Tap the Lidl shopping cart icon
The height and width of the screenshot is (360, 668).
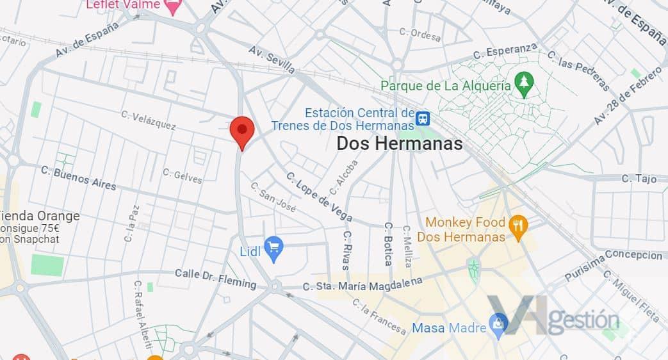(x=273, y=249)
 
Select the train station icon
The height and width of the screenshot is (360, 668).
(x=423, y=119)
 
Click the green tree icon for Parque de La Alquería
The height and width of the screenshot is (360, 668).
(x=525, y=84)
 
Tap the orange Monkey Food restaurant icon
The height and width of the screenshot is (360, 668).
(x=518, y=225)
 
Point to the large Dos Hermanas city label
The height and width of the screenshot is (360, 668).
(x=400, y=143)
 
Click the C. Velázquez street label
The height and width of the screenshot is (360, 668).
(x=149, y=120)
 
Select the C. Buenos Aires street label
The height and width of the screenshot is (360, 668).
(x=78, y=178)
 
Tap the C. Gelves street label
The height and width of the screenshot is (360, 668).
(x=183, y=176)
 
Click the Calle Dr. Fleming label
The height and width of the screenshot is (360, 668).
(x=215, y=278)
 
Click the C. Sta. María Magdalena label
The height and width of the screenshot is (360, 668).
(x=363, y=284)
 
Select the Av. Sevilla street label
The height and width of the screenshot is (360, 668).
(x=272, y=59)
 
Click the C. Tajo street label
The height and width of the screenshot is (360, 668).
(x=639, y=179)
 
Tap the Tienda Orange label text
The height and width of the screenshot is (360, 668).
(x=40, y=216)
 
